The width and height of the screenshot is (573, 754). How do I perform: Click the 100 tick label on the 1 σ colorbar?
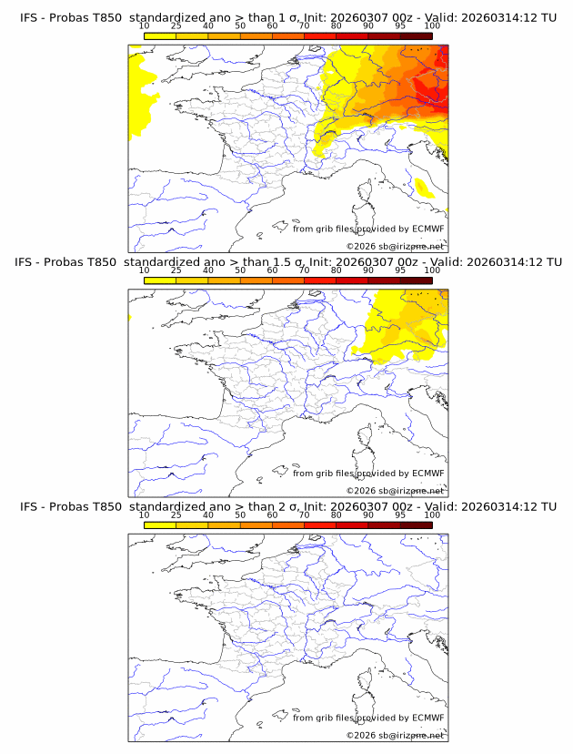(432, 25)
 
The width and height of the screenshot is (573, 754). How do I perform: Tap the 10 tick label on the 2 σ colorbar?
(145, 515)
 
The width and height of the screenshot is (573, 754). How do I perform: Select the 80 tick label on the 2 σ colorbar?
(337, 515)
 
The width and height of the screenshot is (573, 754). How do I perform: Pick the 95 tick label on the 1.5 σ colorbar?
(400, 270)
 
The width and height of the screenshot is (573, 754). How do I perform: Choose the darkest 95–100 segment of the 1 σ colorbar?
(416, 36)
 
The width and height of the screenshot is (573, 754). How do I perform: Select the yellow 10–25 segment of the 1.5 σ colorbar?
(160, 280)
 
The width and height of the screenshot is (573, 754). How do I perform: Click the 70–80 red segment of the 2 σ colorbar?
(320, 524)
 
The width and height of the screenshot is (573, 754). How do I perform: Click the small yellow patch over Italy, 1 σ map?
(423, 188)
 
